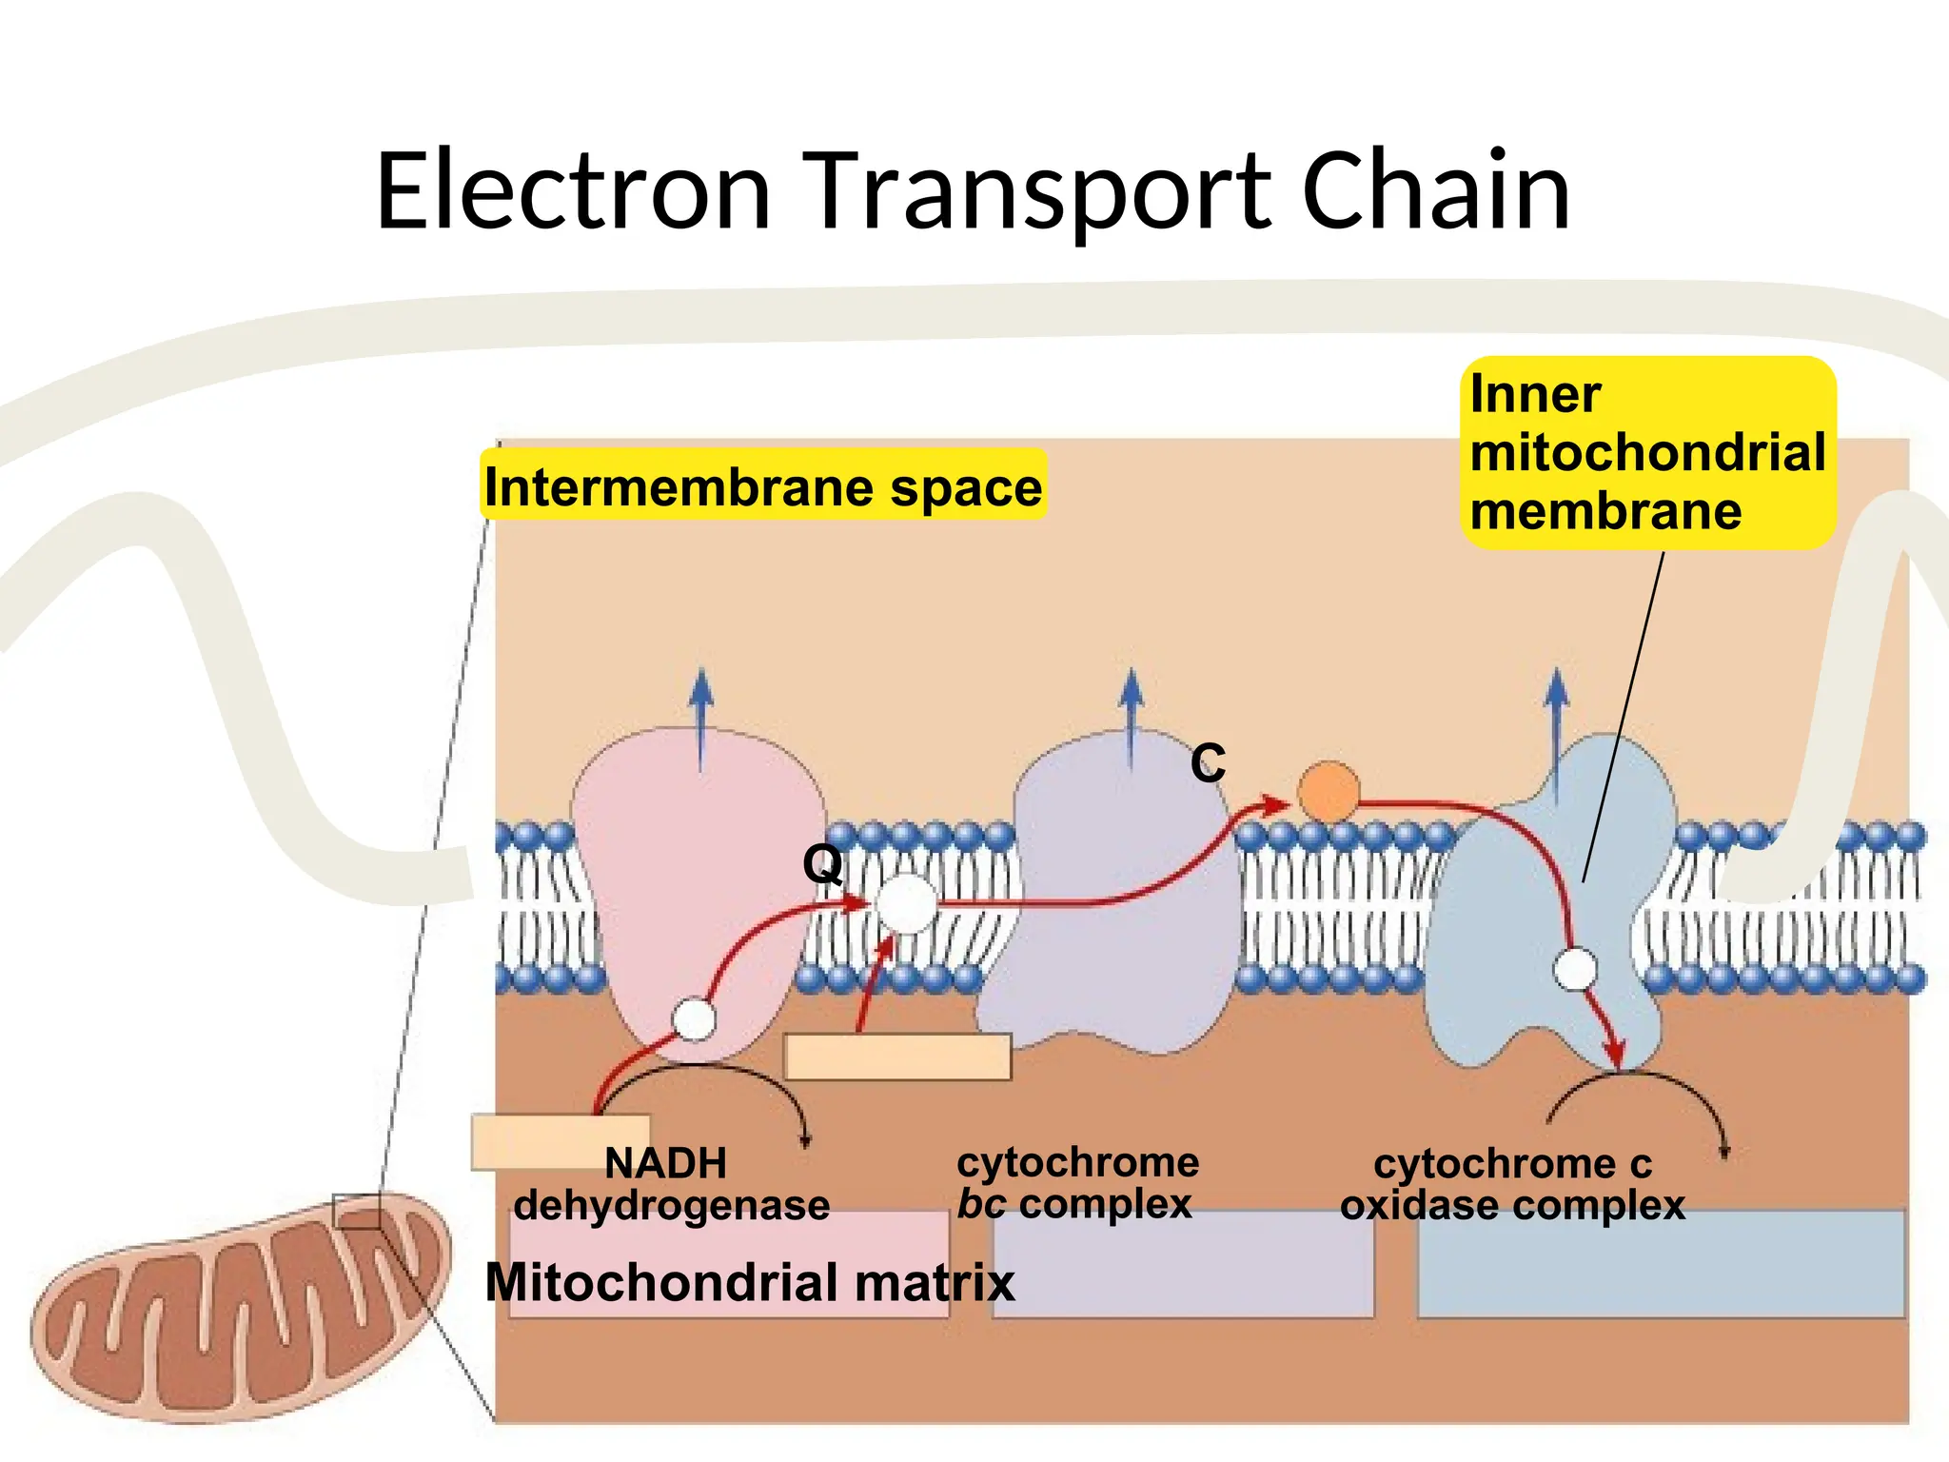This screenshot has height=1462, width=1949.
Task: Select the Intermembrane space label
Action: click(763, 486)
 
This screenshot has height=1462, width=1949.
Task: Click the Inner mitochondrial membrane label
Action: click(1647, 452)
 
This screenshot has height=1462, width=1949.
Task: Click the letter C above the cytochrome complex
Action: click(1208, 763)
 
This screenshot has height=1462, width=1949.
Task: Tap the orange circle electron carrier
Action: click(1329, 792)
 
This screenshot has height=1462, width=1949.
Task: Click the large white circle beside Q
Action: click(907, 903)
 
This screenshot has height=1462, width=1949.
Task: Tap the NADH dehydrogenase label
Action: click(671, 1184)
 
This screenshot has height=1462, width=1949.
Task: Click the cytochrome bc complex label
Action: click(1077, 1183)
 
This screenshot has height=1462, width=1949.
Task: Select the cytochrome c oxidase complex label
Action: click(1512, 1184)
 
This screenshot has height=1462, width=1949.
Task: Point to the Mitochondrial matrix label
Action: click(750, 1282)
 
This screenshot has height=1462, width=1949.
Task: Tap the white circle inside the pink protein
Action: click(694, 1019)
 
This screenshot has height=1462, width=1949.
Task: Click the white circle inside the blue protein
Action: click(1575, 970)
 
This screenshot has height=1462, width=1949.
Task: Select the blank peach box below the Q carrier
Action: click(897, 1057)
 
